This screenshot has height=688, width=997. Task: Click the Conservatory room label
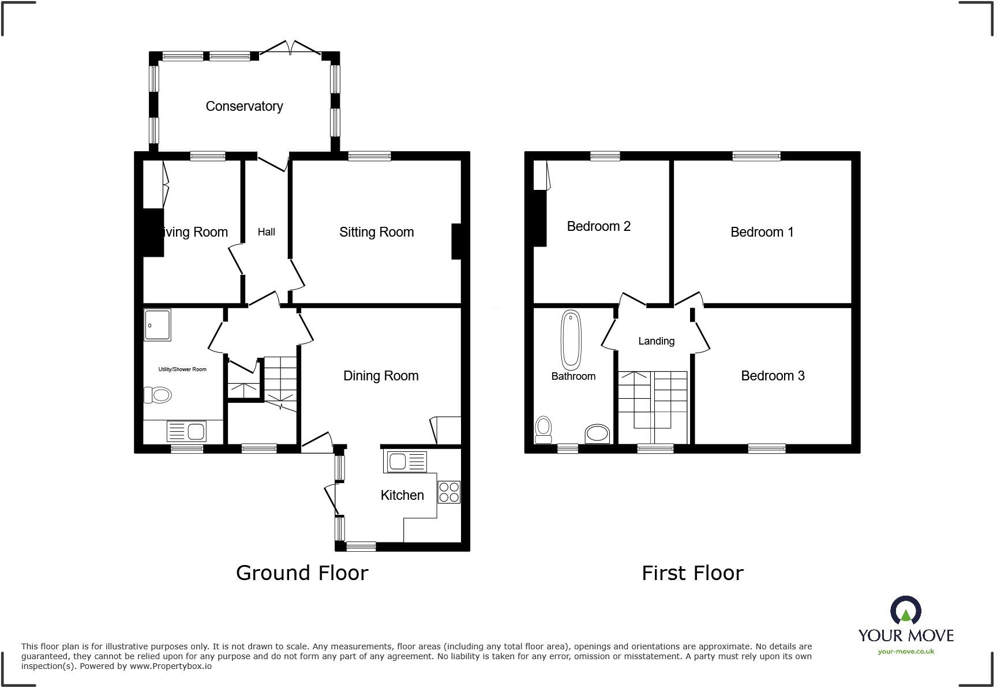pos(244,106)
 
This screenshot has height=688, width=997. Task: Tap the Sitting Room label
pos(376,232)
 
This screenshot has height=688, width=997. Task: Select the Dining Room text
pos(381,376)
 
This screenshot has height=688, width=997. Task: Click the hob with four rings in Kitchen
pos(449,492)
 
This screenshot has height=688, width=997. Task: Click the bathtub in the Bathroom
pos(571,341)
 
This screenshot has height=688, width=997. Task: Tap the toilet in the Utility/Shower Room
pos(158,395)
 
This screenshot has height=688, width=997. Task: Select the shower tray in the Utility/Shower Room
pos(157,325)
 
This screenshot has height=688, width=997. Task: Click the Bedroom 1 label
pos(762,232)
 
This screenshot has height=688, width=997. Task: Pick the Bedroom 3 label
pos(773,376)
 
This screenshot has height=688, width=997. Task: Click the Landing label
pos(656,341)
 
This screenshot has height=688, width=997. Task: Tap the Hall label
pos(266,232)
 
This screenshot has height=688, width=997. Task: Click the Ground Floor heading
pos(302,573)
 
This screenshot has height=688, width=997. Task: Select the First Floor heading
pos(692,573)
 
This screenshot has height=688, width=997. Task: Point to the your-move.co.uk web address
pos(906,652)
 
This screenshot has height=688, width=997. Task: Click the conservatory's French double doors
pos(290,49)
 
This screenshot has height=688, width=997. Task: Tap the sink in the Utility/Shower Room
pos(186,431)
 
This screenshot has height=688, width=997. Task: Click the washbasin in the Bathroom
pos(598,434)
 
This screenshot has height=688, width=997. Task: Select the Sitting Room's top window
pos(369,156)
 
